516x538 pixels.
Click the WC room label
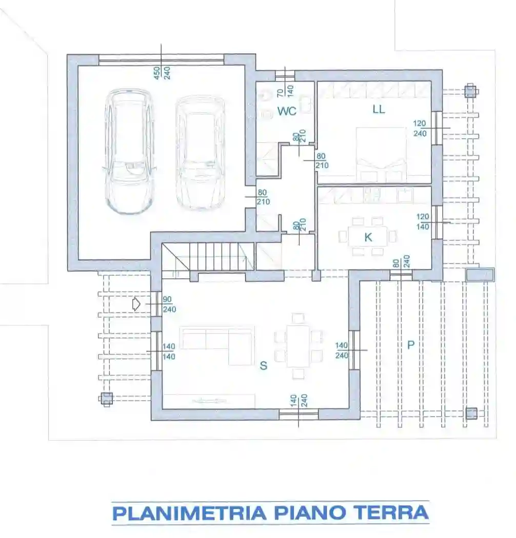click(287, 111)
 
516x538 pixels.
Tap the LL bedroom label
click(379, 109)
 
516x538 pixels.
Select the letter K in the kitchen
click(368, 237)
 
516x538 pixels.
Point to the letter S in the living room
click(263, 366)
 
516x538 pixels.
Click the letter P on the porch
click(410, 345)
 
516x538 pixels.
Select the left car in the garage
click(129, 151)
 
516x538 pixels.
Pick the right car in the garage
click(201, 153)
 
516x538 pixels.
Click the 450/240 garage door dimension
click(162, 73)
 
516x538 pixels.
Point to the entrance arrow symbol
click(136, 304)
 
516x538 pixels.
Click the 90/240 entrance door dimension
click(169, 304)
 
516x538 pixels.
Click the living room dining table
click(298, 346)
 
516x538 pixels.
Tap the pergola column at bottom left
click(106, 399)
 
